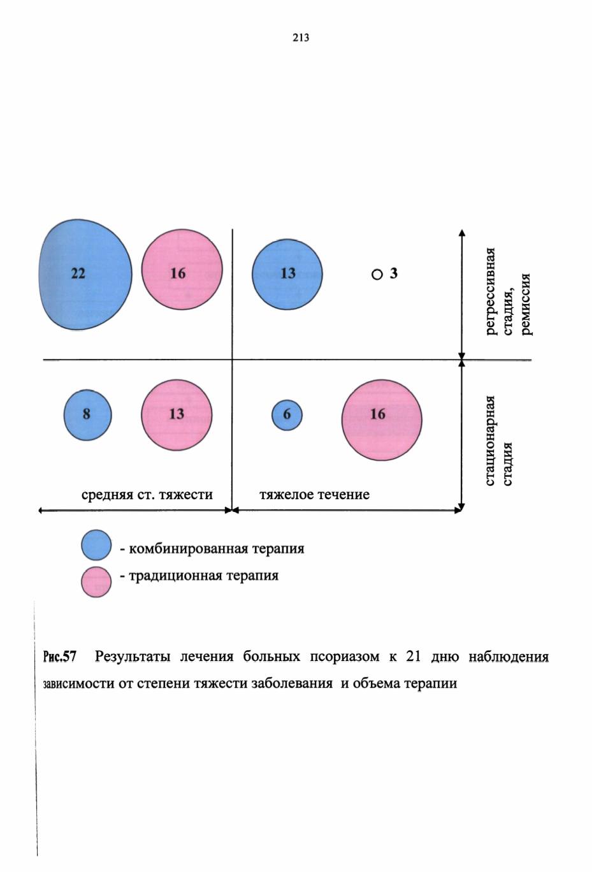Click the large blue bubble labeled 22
pyautogui.click(x=85, y=275)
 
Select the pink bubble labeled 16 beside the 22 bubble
pyautogui.click(x=182, y=270)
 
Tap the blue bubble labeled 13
pyautogui.click(x=287, y=275)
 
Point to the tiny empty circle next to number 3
pyautogui.click(x=377, y=275)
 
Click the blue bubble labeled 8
pyautogui.click(x=87, y=415)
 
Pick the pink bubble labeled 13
pyautogui.click(x=177, y=415)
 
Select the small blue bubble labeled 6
pyautogui.click(x=287, y=415)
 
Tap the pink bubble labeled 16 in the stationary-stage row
pyautogui.click(x=382, y=420)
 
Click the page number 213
pyautogui.click(x=301, y=38)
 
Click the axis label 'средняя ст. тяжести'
pyautogui.click(x=147, y=495)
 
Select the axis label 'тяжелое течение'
pyautogui.click(x=315, y=495)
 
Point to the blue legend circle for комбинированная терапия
pyautogui.click(x=96, y=545)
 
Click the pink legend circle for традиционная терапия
pyautogui.click(x=96, y=581)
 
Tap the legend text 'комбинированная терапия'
pyautogui.click(x=217, y=549)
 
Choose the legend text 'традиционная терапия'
pyautogui.click(x=203, y=576)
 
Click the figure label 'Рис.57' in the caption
pyautogui.click(x=59, y=657)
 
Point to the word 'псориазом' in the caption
pyautogui.click(x=345, y=657)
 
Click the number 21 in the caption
pyautogui.click(x=413, y=657)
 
